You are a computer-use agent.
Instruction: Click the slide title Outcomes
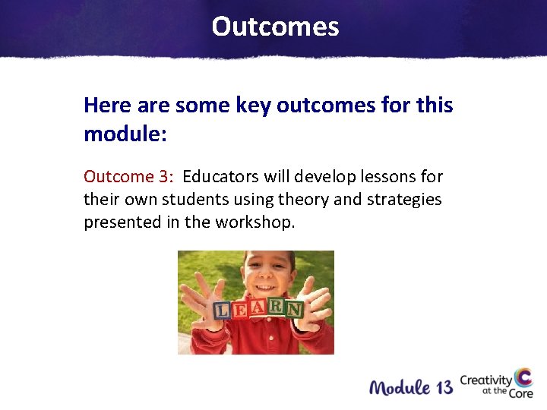(275, 27)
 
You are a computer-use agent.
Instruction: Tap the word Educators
(221, 177)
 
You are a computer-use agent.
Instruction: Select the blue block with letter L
(222, 311)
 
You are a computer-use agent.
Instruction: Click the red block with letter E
(239, 308)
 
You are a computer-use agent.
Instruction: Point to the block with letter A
(258, 307)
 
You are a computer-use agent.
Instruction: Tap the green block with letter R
(275, 307)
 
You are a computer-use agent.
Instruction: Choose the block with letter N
(294, 308)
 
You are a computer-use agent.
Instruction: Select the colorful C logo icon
(523, 379)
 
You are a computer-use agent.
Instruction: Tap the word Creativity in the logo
(485, 380)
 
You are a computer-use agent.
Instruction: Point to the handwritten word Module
(398, 388)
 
